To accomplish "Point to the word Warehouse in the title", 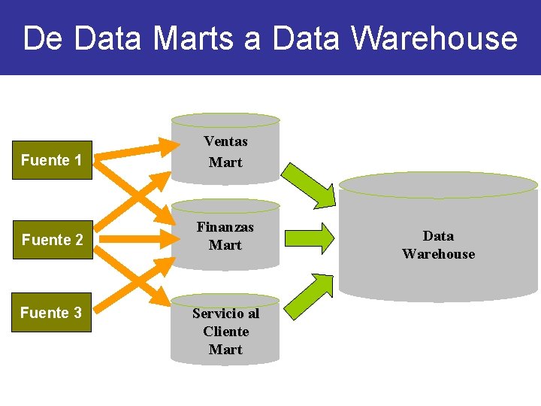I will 436,38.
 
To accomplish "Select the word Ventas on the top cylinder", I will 225,141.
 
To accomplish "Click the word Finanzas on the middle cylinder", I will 225,226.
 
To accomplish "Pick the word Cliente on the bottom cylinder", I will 225,331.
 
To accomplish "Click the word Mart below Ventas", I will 225,162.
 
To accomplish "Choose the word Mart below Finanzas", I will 225,245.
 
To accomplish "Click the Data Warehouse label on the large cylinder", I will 439,245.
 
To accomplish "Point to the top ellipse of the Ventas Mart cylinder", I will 225,120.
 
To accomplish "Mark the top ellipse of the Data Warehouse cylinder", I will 439,185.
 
